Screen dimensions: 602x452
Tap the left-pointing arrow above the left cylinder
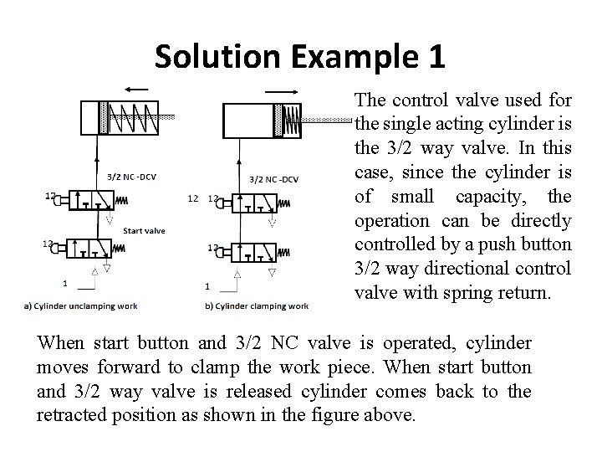136,89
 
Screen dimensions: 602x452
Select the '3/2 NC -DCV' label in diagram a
133,177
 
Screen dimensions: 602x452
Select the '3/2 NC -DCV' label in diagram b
275,178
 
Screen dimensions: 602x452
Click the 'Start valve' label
144,229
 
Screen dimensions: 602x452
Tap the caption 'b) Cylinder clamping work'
257,306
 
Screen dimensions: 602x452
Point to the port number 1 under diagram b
207,286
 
